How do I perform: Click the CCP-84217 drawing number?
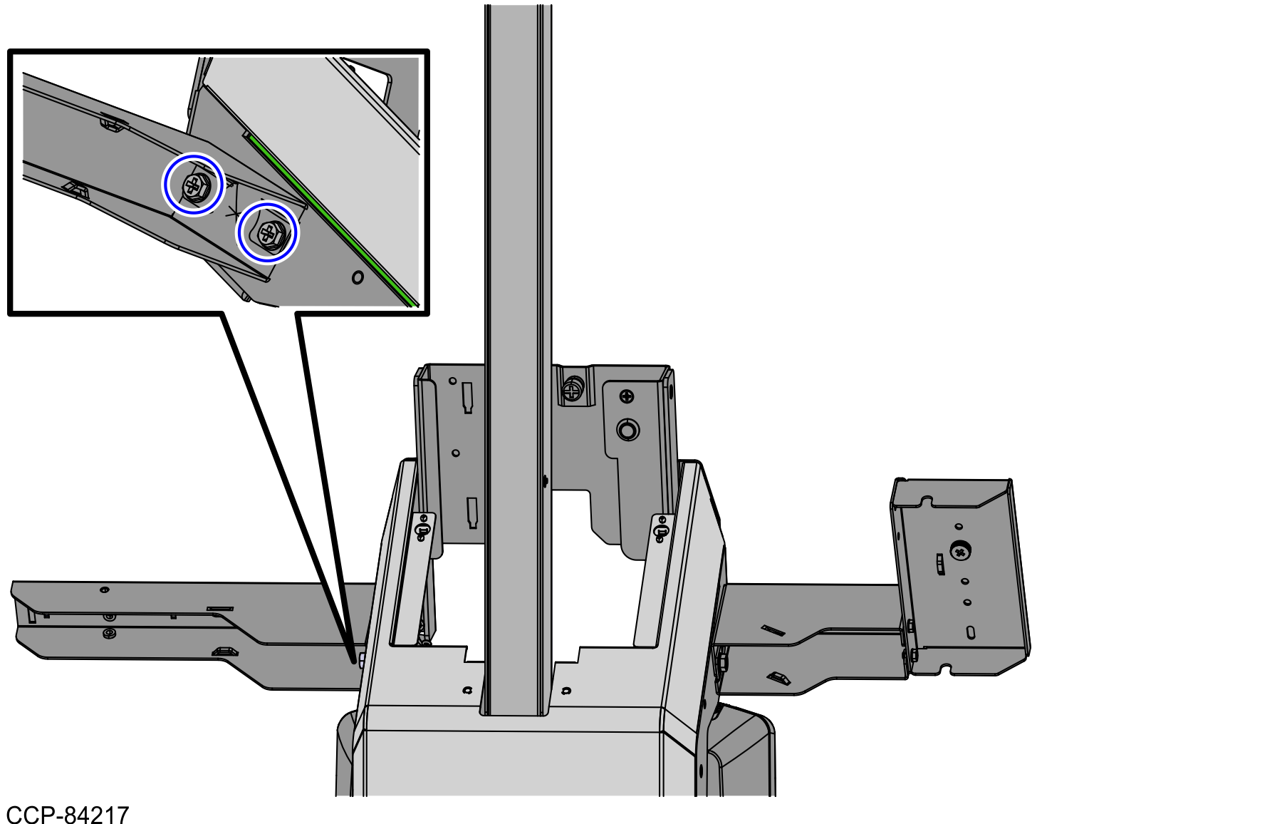click(x=68, y=814)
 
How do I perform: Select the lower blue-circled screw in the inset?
click(x=268, y=232)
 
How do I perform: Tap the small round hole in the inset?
click(x=358, y=277)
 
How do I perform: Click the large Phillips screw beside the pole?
click(x=572, y=389)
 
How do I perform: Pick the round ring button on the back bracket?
click(x=627, y=430)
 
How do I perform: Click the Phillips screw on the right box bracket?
click(x=961, y=551)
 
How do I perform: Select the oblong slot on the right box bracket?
click(x=970, y=632)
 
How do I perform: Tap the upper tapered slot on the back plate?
click(x=467, y=397)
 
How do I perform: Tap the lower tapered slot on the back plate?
click(x=472, y=513)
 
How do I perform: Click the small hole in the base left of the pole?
click(x=467, y=690)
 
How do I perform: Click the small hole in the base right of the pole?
click(x=566, y=690)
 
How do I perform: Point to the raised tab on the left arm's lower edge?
click(x=225, y=651)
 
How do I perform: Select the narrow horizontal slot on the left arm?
click(x=220, y=609)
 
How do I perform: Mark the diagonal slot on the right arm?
click(x=773, y=630)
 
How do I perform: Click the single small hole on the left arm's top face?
click(x=105, y=589)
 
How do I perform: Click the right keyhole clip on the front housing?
click(x=662, y=529)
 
